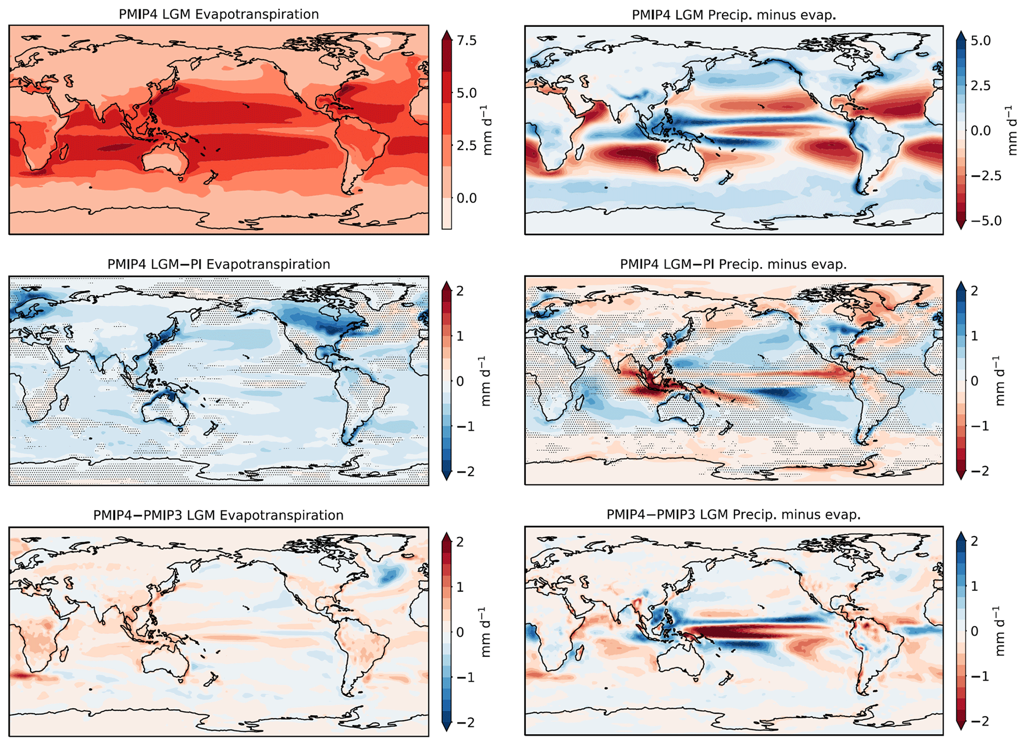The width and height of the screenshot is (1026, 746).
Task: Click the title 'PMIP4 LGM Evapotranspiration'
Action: (218, 14)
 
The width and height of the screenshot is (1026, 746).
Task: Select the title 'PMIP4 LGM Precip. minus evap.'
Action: (734, 15)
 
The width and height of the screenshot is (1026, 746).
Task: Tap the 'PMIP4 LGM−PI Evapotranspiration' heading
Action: (218, 264)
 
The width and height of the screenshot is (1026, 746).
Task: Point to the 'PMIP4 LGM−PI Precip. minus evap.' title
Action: (733, 265)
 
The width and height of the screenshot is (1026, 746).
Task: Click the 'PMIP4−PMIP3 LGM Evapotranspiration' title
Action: (218, 515)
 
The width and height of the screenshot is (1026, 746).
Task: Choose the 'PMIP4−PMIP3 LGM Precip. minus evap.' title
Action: (733, 515)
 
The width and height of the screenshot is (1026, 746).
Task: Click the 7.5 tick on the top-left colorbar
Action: (467, 41)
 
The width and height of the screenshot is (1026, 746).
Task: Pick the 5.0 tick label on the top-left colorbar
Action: (467, 93)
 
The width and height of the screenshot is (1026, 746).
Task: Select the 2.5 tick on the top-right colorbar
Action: (980, 86)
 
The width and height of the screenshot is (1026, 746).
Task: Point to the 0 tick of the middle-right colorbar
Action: (974, 381)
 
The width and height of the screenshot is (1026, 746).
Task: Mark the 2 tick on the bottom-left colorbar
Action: (460, 542)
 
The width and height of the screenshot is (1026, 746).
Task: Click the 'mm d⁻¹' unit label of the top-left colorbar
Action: (487, 130)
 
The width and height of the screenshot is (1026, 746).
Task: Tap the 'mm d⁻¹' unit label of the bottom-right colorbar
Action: (1001, 631)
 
